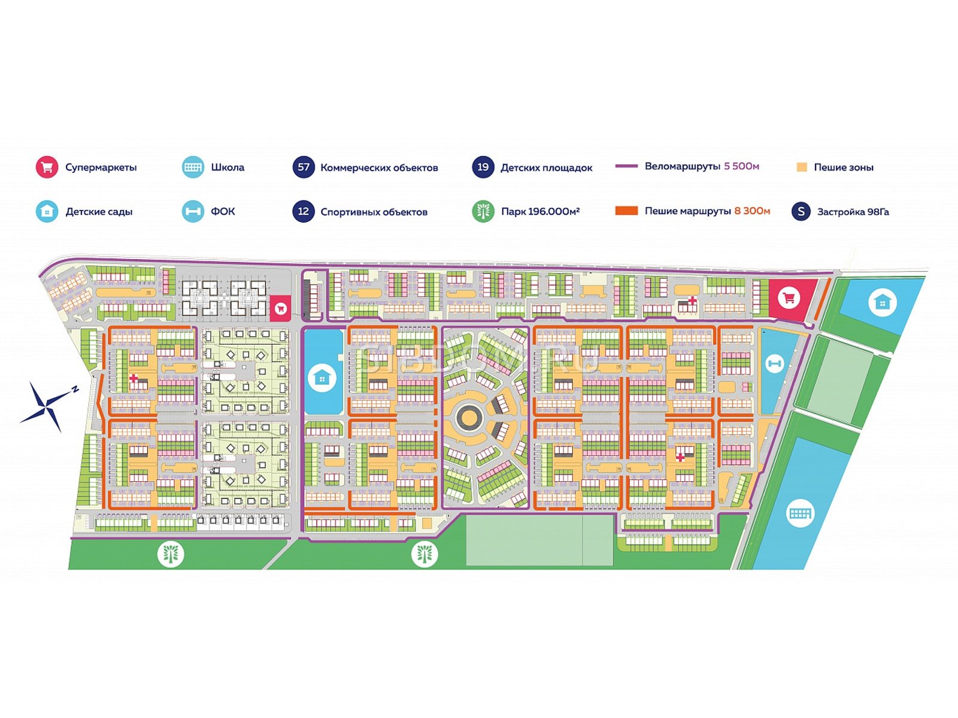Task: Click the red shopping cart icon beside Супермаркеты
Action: point(47,167)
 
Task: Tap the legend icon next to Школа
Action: point(193,167)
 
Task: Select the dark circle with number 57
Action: point(304,167)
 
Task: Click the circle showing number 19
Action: point(483,167)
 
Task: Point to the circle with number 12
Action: point(304,211)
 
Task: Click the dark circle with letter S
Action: point(801,211)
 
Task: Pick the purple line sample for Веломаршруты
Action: point(627,166)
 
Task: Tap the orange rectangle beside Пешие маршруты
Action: point(627,211)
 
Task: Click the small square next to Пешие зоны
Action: point(802,167)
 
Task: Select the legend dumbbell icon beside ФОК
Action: point(193,211)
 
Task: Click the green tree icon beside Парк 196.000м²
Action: point(483,211)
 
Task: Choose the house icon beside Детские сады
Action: point(47,211)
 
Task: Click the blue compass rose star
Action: point(47,406)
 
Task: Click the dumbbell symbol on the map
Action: point(774,363)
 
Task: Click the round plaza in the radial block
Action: point(469,417)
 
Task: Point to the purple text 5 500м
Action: point(741,166)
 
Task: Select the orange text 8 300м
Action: point(752,211)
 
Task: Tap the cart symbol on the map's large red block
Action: point(789,299)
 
